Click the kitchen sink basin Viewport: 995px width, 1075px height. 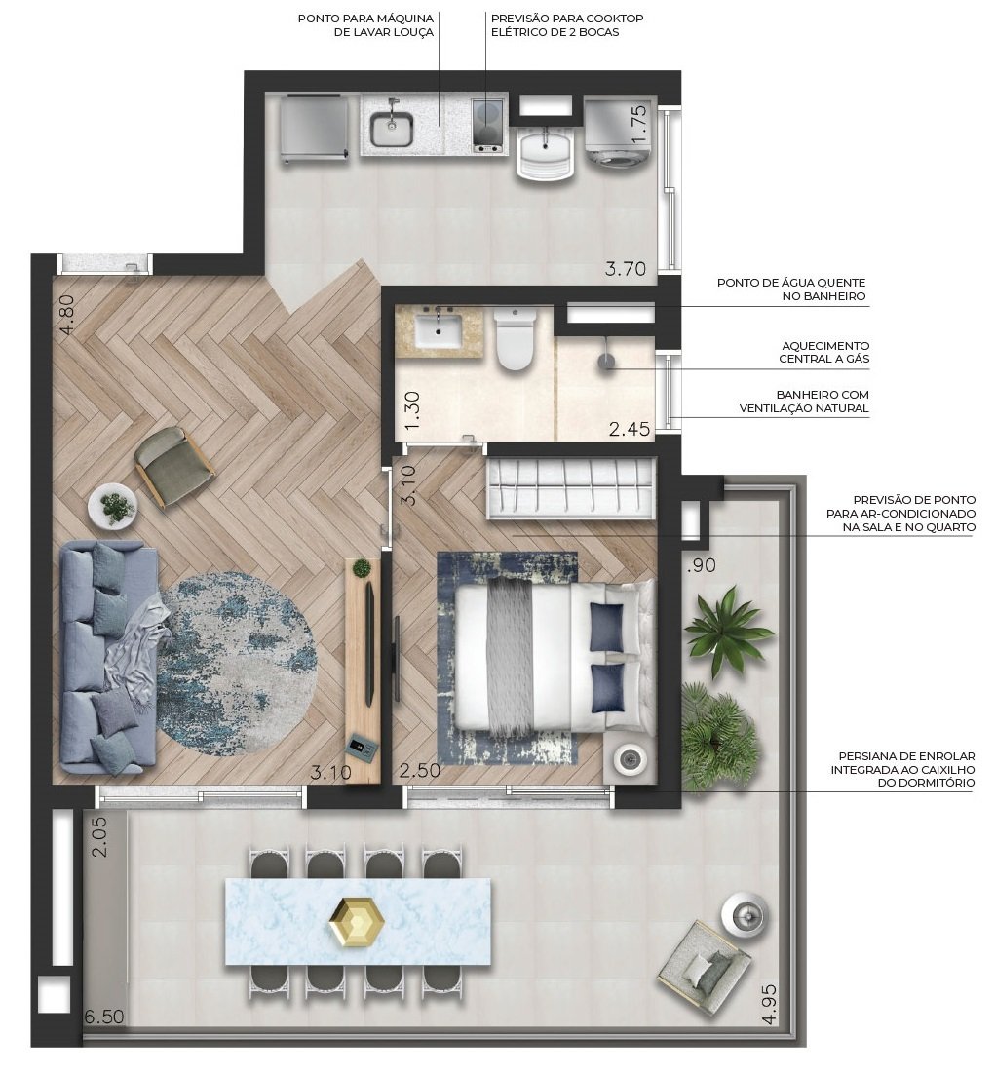tap(392, 128)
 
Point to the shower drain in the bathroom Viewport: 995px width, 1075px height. tap(606, 361)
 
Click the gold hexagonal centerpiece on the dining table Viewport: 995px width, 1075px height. tap(357, 921)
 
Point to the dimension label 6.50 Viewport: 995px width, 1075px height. tap(104, 1017)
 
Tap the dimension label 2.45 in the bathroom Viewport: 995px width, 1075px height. tap(630, 429)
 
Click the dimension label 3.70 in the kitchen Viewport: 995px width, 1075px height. tap(625, 270)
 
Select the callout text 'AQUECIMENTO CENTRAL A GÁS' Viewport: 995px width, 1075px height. tap(824, 352)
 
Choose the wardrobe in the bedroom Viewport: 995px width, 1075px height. tap(570, 490)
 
